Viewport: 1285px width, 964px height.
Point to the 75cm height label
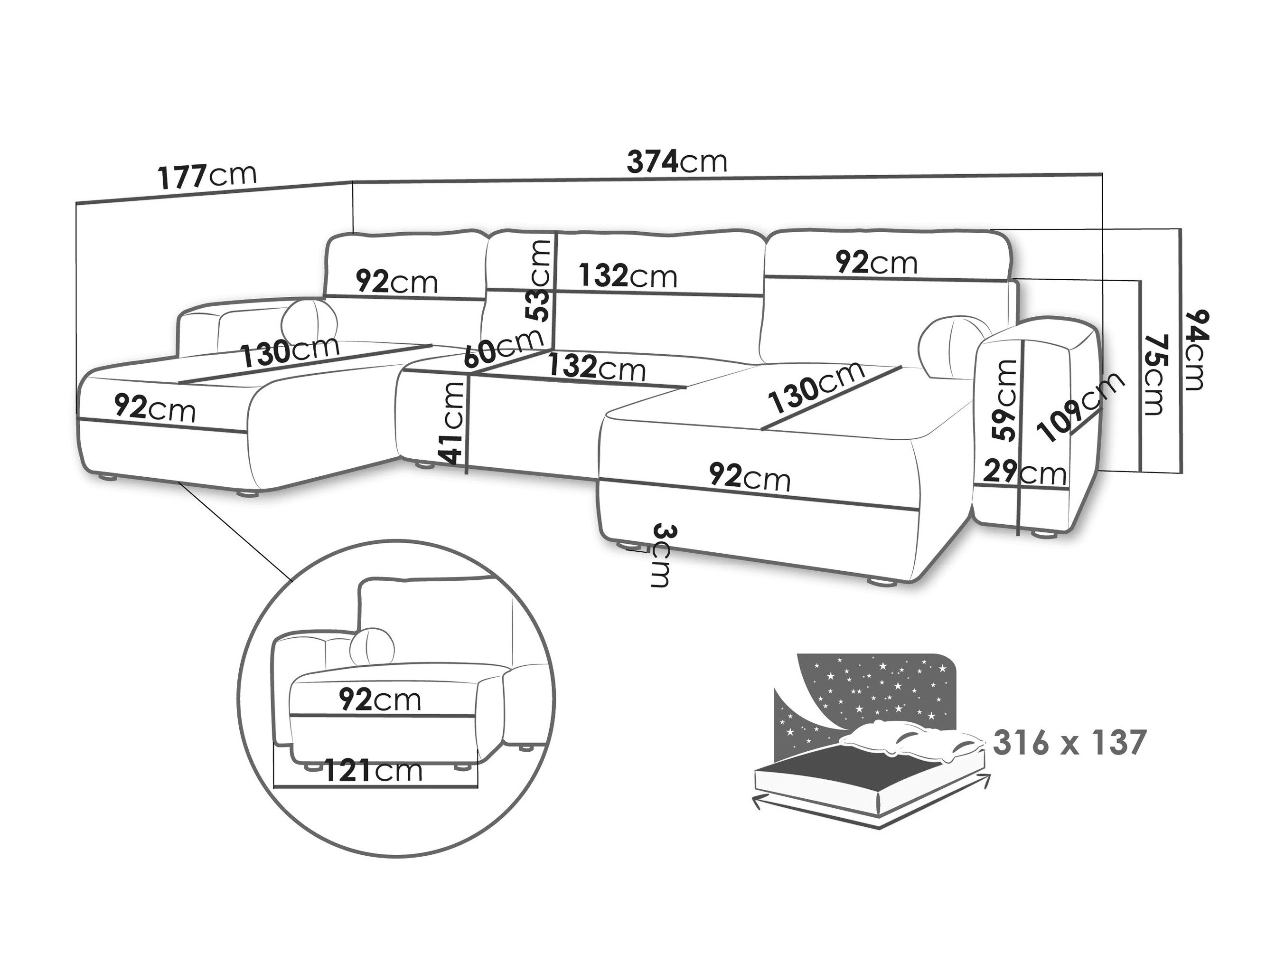click(1153, 374)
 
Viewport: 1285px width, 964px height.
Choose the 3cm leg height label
click(661, 556)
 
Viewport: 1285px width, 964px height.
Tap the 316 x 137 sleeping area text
click(1069, 743)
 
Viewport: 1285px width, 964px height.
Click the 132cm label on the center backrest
click(628, 275)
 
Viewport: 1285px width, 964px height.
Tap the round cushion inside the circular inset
click(372, 646)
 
